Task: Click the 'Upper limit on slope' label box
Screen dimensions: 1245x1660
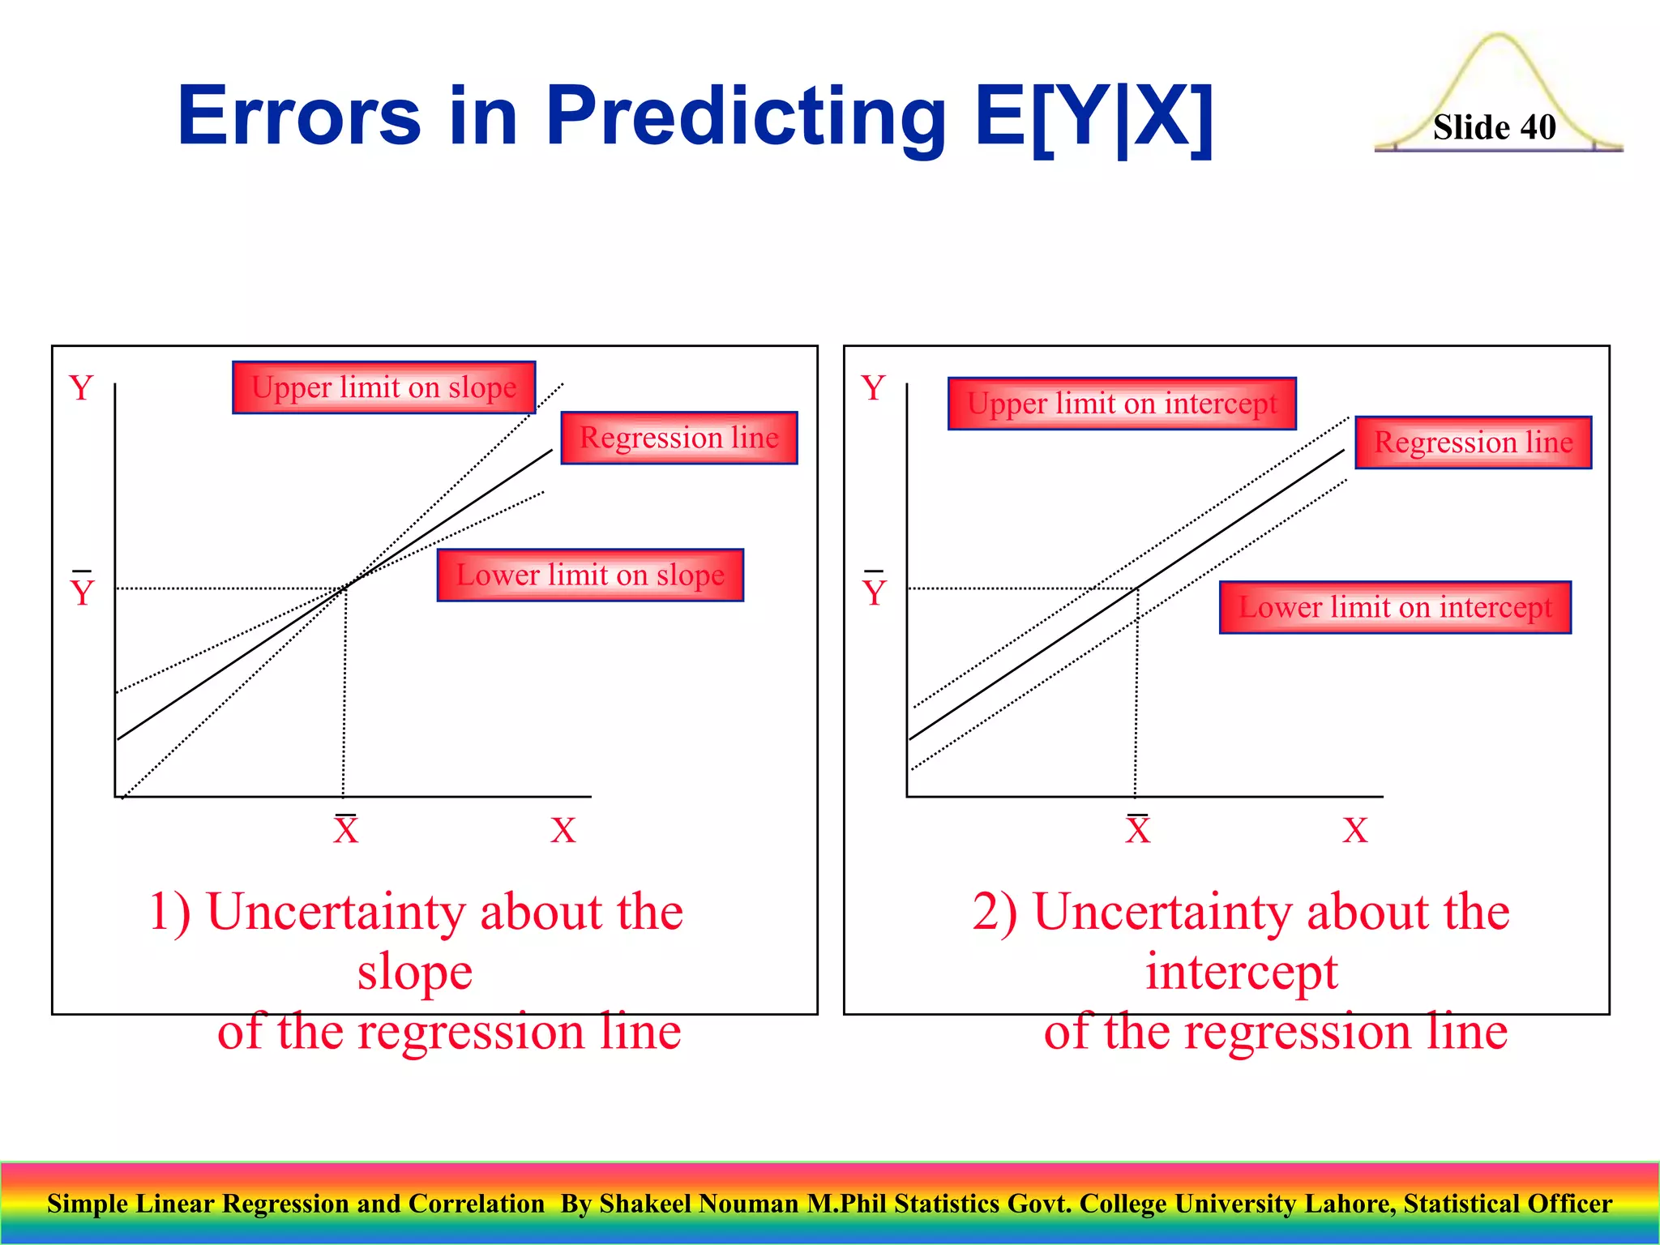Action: point(383,387)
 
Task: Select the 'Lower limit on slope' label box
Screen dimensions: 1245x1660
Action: point(590,575)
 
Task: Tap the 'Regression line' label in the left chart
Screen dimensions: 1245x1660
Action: point(678,438)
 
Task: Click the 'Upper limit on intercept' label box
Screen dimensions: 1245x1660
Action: point(1122,404)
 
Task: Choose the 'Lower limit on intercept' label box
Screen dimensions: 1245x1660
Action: point(1395,607)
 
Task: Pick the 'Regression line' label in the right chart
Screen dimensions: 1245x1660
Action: point(1473,443)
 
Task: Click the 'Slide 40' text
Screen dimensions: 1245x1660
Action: point(1494,127)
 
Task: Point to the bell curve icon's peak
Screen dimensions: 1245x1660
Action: point(1498,37)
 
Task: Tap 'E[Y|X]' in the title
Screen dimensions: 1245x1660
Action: point(1094,118)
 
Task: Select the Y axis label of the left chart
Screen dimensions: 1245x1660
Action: point(81,388)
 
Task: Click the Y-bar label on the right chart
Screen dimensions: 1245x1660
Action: point(874,590)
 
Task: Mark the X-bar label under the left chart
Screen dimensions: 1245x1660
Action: point(345,829)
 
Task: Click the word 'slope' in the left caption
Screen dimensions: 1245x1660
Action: point(415,972)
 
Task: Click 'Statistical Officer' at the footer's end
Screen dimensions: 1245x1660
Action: point(1508,1204)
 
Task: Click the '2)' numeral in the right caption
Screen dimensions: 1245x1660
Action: point(994,913)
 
